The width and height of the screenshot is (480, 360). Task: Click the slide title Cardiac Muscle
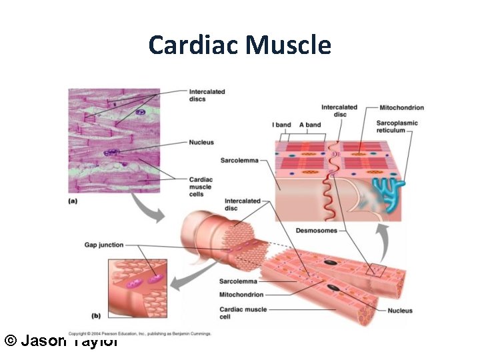coord(240,45)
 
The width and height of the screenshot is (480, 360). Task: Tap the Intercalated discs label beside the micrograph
coord(207,95)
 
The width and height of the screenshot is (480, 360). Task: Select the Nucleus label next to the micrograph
coord(201,143)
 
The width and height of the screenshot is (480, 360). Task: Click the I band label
coord(281,125)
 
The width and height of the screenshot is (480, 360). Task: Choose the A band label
coord(309,125)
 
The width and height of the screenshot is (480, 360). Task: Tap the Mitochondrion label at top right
coord(401,107)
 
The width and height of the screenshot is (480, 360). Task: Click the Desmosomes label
coord(316,231)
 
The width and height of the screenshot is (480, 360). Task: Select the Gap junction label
coord(103,245)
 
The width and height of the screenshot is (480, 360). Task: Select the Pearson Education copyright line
coord(140,333)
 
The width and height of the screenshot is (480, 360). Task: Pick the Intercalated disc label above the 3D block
coord(339,111)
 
